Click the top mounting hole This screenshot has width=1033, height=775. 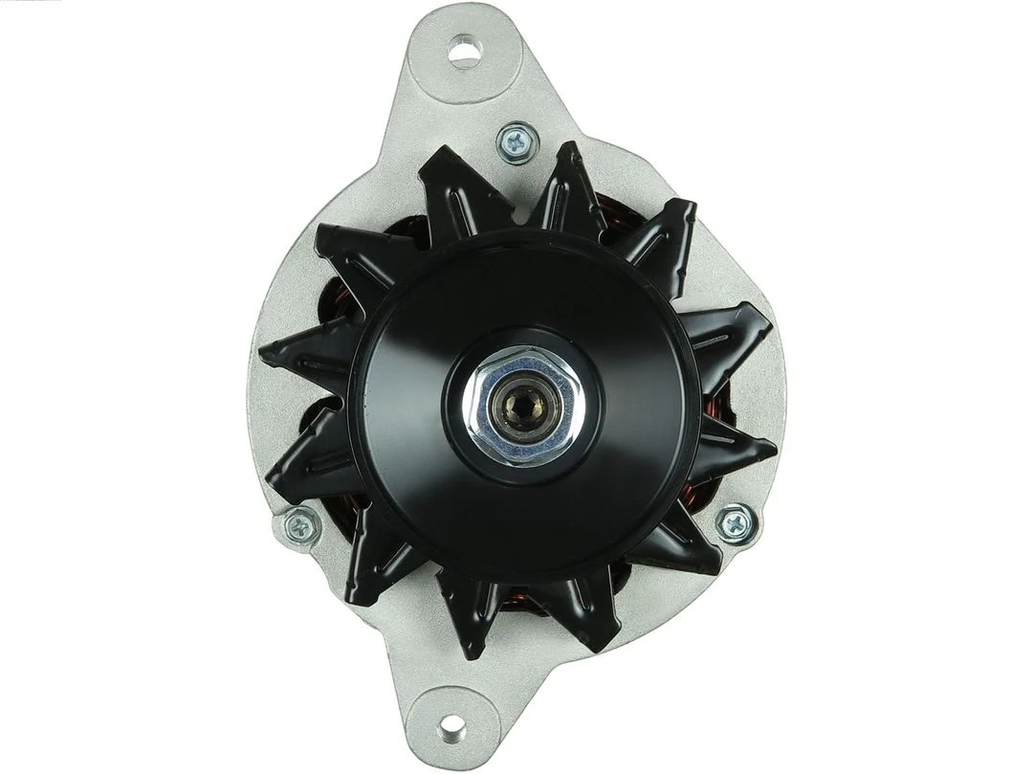[x=463, y=51]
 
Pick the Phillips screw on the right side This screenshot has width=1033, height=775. [x=734, y=522]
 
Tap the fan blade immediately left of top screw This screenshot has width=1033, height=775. [x=457, y=192]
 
